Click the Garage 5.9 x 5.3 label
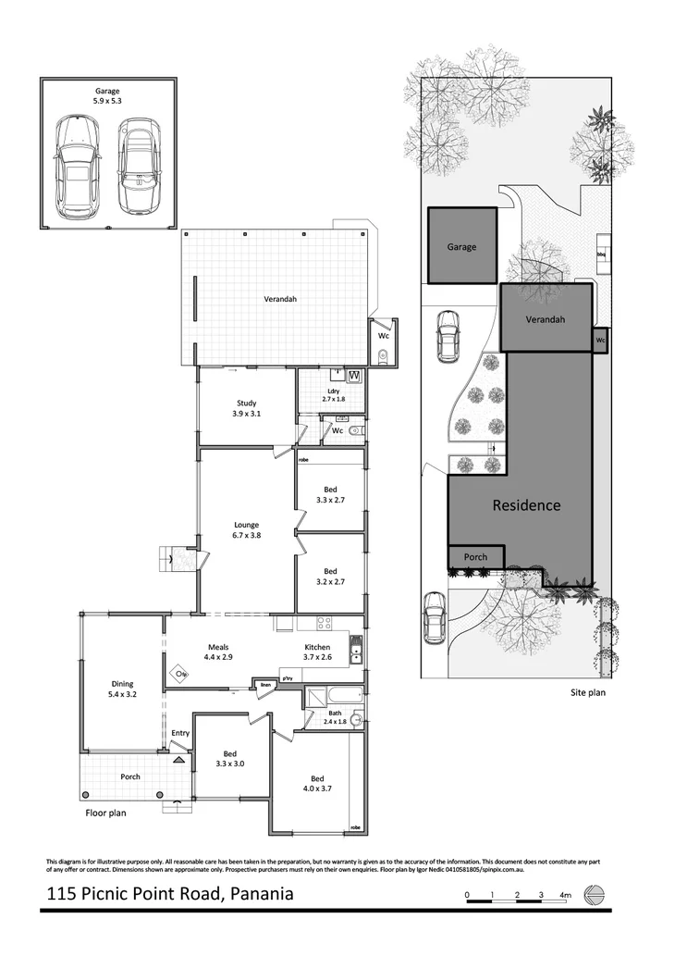[108, 96]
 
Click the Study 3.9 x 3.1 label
[246, 408]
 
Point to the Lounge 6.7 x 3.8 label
[246, 529]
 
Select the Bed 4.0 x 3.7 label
[317, 783]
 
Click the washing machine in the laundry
[354, 376]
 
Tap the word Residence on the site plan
[525, 505]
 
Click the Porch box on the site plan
[475, 557]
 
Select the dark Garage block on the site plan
[461, 245]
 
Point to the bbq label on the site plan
[601, 253]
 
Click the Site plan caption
[586, 691]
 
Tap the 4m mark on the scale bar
[565, 895]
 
